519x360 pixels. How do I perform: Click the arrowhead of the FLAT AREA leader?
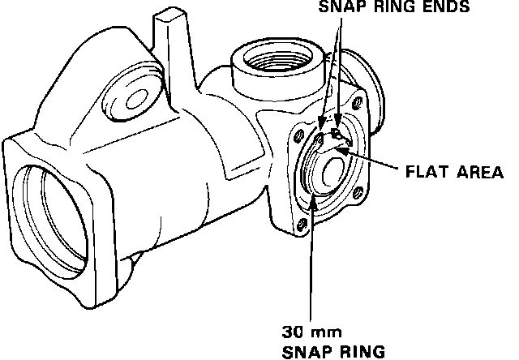tap(340, 149)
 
